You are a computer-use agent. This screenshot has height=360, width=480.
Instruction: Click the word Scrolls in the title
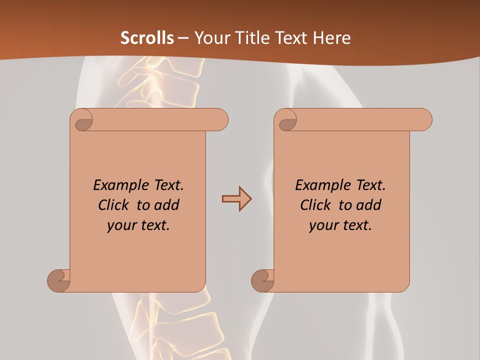(147, 38)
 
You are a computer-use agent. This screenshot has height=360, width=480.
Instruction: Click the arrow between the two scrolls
(236, 199)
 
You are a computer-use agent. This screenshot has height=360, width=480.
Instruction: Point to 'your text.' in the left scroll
(138, 225)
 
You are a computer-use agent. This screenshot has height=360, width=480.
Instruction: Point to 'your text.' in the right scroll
(340, 225)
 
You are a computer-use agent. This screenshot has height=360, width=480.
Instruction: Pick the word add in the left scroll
(167, 205)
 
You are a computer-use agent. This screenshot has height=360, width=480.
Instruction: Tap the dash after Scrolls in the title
(183, 38)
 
